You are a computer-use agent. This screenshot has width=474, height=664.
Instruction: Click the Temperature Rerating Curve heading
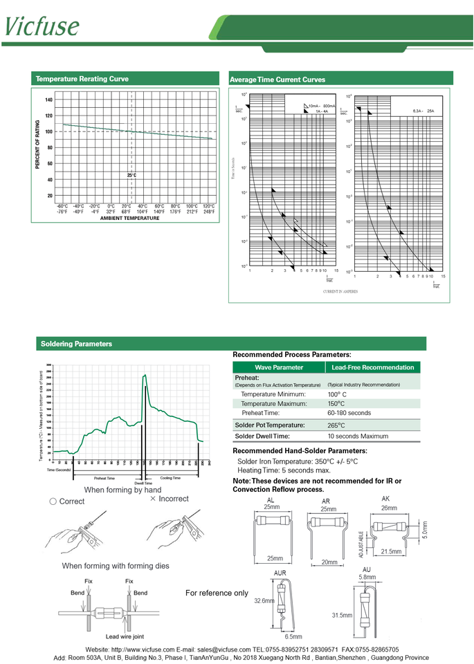click(x=82, y=79)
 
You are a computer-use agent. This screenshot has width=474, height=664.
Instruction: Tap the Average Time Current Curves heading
click(x=277, y=80)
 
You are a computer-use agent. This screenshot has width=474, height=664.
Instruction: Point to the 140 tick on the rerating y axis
click(x=48, y=100)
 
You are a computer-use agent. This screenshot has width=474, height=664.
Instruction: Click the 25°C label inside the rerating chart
click(x=131, y=176)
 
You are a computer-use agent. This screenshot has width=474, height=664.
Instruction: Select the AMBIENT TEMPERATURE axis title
click(x=129, y=219)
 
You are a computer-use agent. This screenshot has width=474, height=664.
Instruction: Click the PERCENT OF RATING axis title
click(x=37, y=145)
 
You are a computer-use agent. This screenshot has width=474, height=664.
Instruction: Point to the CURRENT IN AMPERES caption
click(x=340, y=292)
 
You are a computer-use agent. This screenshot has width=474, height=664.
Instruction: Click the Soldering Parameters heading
click(x=76, y=344)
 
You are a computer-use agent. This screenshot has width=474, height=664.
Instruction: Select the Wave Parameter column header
click(x=279, y=367)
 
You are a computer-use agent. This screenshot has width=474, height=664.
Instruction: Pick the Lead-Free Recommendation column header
click(x=373, y=367)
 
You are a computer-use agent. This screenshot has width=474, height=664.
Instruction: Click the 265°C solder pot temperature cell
click(x=336, y=425)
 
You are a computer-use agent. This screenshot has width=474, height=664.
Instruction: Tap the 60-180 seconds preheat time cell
click(x=349, y=413)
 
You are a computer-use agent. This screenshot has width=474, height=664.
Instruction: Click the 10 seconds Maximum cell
click(x=358, y=436)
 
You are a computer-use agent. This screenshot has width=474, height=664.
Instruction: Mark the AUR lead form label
click(x=281, y=573)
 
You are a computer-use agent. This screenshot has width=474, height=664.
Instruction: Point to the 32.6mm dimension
click(x=264, y=602)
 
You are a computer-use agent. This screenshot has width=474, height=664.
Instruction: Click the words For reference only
click(x=217, y=593)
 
